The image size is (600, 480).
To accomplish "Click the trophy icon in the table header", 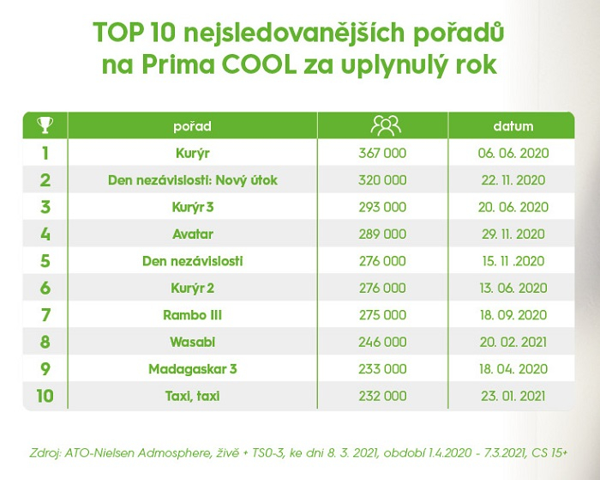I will [45, 126].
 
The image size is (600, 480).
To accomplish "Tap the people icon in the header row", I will [385, 126].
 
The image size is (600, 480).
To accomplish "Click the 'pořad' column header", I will [192, 126].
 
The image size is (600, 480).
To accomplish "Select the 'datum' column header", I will [513, 126].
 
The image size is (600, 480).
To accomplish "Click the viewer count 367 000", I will [382, 154].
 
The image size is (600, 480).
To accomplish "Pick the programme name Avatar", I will [192, 234].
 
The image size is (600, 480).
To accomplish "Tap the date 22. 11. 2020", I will [513, 180].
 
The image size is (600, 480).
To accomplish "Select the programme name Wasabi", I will [192, 341].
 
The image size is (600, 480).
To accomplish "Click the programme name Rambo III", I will [192, 314].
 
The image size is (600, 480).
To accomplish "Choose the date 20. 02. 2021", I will [513, 341].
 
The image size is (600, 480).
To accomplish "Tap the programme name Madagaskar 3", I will [192, 368].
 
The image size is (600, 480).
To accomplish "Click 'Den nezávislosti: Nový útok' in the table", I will [192, 180].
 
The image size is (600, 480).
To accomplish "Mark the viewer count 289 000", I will [382, 234].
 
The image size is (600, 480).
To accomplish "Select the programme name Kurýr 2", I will [192, 288].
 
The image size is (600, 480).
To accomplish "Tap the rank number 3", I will [45, 207].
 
